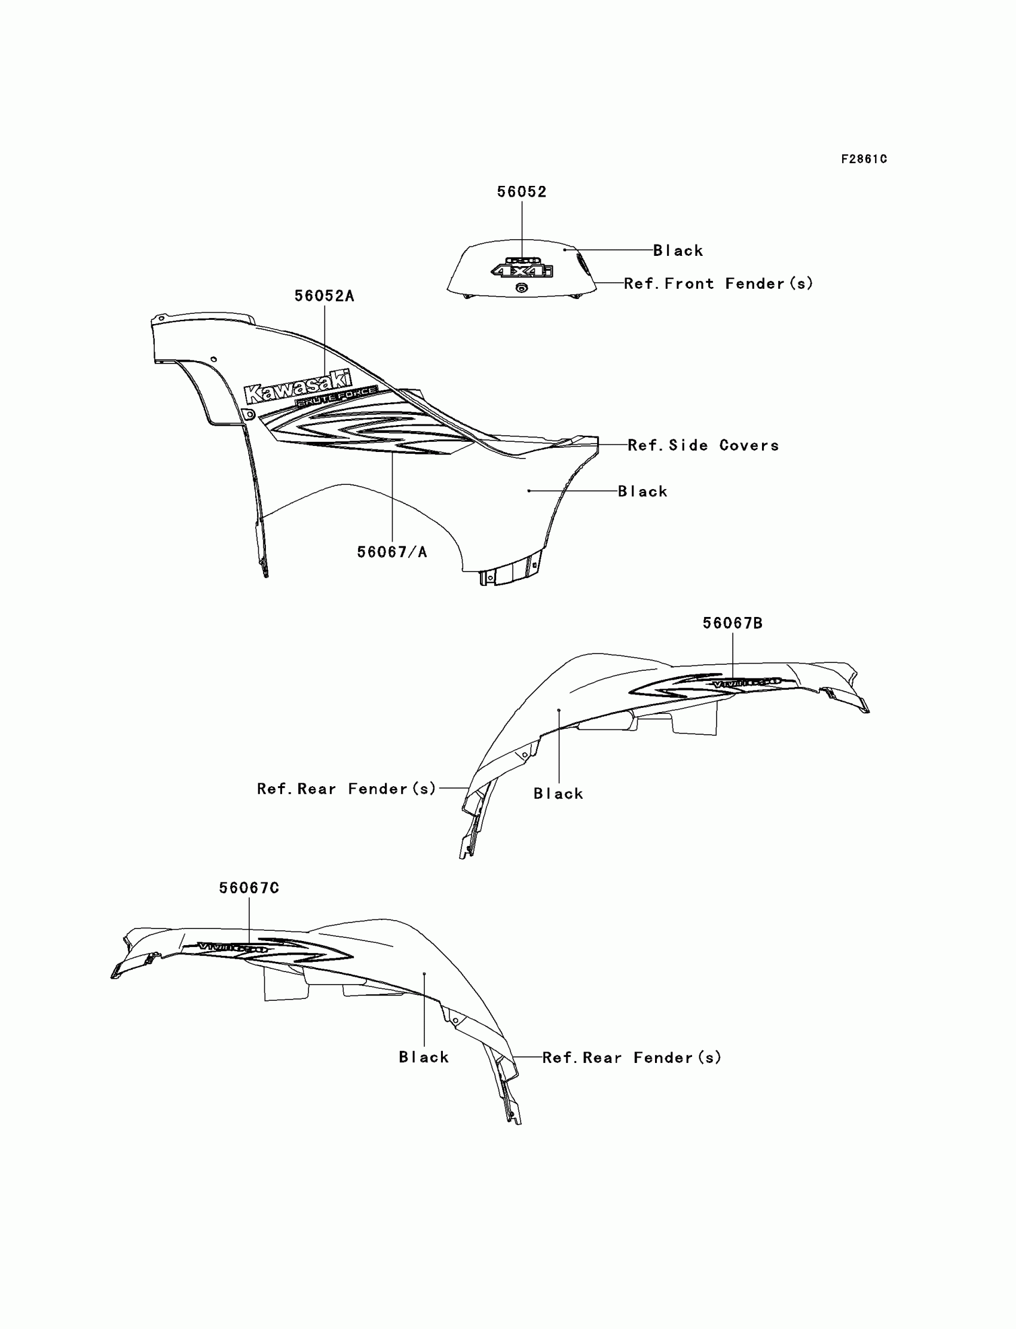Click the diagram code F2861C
tap(864, 159)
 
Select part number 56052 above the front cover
tap(521, 192)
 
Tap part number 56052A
tap(324, 296)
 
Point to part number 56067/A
tap(392, 552)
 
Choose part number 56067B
tap(732, 623)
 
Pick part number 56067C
tap(249, 888)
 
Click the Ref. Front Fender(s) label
tap(718, 283)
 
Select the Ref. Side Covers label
tap(703, 445)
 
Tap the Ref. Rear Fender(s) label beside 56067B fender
tap(347, 789)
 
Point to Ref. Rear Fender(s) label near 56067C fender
tap(632, 1058)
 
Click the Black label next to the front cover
tap(678, 250)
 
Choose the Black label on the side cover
tap(643, 491)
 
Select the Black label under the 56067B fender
tap(558, 794)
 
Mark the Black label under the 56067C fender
tap(424, 1057)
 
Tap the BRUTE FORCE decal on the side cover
tap(336, 397)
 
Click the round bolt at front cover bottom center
tap(521, 288)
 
